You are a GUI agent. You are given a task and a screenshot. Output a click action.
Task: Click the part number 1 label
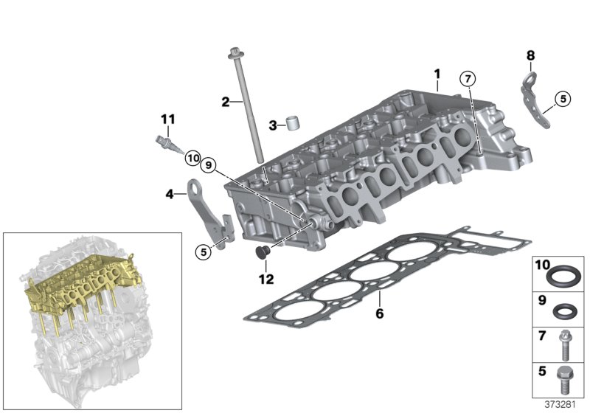pos(437,74)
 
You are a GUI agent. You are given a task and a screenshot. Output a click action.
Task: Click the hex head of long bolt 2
pos(235,52)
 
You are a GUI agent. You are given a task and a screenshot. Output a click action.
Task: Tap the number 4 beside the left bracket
pos(170,195)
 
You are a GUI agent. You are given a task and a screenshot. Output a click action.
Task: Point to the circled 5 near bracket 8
pos(563,97)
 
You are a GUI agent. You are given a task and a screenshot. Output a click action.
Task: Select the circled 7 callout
pos(466,78)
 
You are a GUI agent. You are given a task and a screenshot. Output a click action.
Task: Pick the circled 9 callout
pos(209,167)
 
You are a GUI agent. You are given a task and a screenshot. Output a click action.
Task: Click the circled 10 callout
pos(192,156)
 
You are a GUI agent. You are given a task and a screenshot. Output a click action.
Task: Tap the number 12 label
pos(265,280)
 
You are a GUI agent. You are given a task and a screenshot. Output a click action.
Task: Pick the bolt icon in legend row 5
pos(566,377)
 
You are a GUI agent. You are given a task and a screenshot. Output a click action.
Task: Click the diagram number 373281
pos(564,403)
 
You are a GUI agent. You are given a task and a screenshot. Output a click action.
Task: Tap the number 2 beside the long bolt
pos(226,101)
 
